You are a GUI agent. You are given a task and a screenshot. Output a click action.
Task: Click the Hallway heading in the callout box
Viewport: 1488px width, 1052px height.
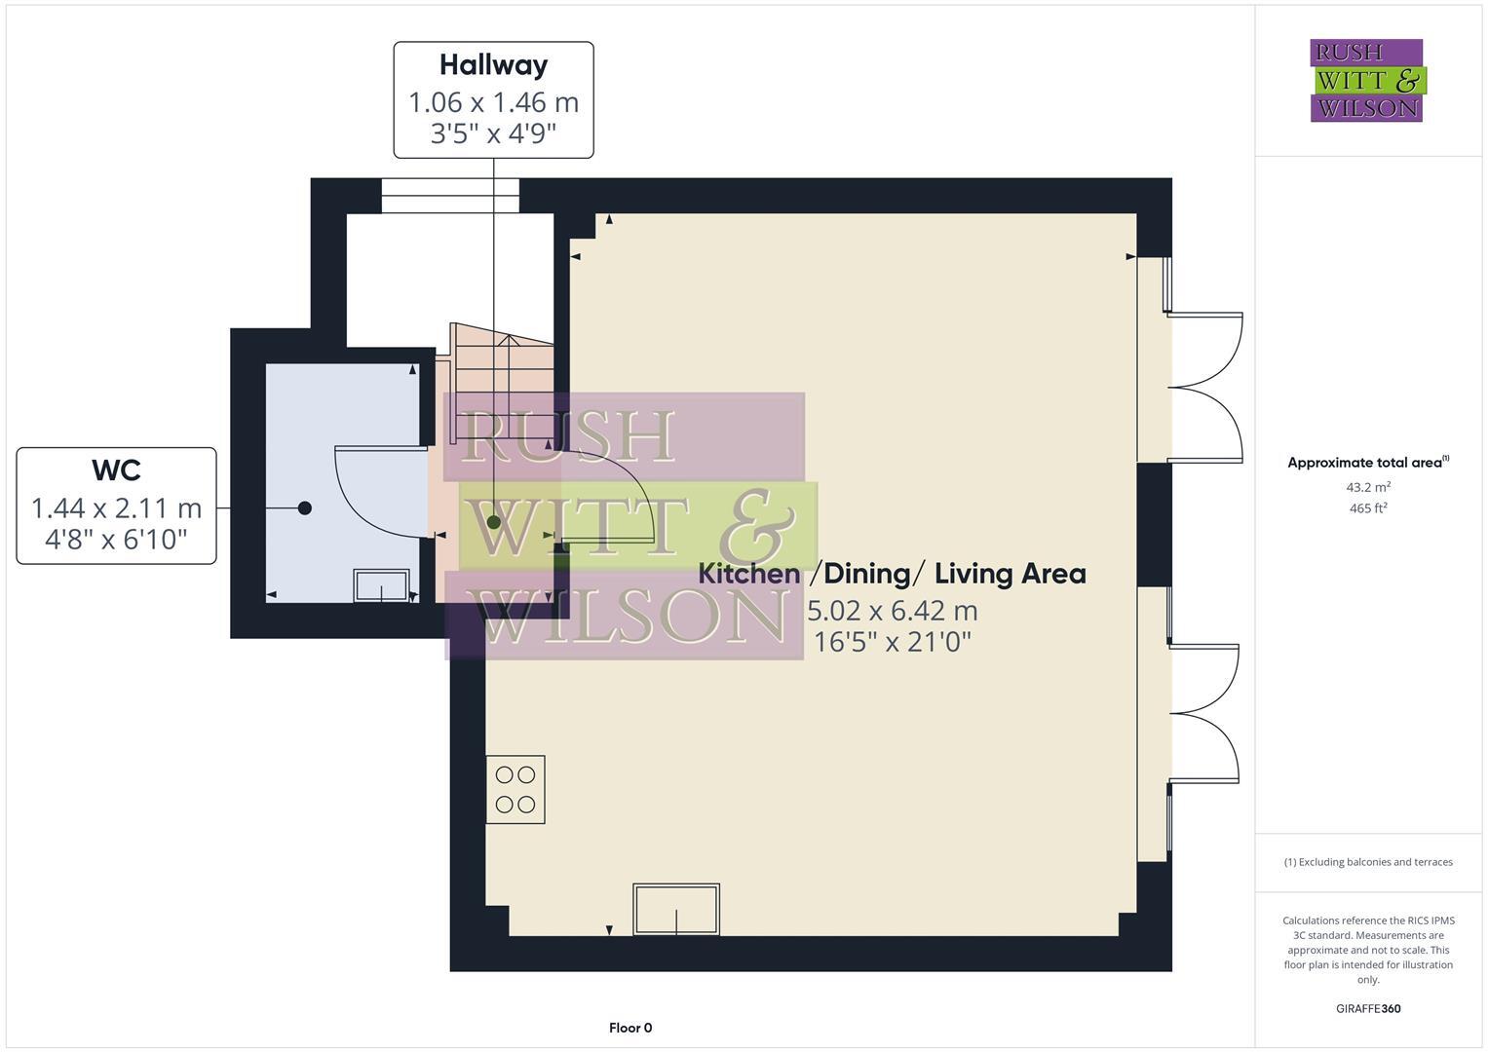tap(493, 65)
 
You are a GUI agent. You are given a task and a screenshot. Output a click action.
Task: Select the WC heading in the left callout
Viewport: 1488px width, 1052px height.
tap(116, 470)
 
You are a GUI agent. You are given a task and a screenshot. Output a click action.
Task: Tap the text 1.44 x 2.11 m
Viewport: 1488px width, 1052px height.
tap(116, 507)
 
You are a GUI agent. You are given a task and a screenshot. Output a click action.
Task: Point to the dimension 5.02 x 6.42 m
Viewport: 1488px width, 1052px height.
tap(892, 611)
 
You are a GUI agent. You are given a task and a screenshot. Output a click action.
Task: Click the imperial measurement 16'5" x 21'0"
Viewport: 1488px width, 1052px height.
tap(892, 642)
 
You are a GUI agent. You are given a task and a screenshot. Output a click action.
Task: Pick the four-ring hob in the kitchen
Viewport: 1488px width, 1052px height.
tap(515, 790)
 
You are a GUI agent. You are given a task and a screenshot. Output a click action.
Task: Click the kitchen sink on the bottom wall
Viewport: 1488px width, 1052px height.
tap(676, 909)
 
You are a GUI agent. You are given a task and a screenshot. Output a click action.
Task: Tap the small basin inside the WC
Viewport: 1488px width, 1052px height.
tap(380, 586)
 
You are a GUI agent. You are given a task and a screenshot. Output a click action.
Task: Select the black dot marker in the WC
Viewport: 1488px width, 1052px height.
tap(305, 508)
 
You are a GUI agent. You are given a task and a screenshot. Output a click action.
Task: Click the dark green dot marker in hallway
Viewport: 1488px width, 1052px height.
tap(494, 522)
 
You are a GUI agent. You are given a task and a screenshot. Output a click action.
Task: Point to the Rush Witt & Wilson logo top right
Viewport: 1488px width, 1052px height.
tap(1366, 81)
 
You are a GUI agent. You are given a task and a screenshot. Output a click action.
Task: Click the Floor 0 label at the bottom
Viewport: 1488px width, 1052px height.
tap(630, 1028)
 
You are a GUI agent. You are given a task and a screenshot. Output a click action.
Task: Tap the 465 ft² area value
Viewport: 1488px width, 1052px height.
tap(1368, 508)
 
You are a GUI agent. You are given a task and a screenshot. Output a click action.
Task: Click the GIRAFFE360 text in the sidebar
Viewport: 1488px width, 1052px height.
tap(1368, 1009)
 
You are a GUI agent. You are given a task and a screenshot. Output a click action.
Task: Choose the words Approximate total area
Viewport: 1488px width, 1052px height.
tap(1364, 463)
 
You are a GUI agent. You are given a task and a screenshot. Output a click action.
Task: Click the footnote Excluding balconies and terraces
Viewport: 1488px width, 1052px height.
tap(1368, 862)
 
